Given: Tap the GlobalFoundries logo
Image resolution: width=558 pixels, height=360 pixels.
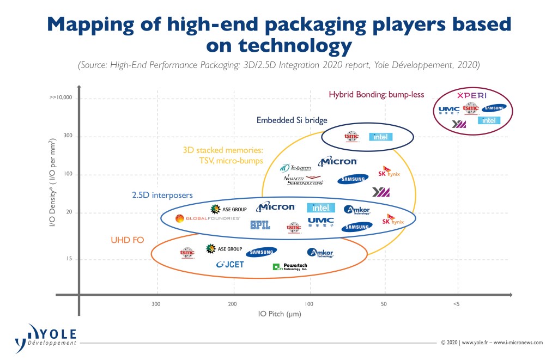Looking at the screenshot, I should click(208, 218).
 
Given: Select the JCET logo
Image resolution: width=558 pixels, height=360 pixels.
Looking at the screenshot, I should click(230, 265).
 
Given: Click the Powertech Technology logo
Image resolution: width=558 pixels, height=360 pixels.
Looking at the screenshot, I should click(290, 267).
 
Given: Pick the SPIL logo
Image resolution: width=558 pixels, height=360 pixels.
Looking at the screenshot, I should click(260, 225).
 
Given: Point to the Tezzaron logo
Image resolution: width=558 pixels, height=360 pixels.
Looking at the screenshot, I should click(295, 168).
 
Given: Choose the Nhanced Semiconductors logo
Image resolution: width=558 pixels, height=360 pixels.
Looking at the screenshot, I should click(304, 180).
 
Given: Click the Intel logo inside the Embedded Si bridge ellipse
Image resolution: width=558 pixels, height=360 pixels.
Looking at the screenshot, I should click(380, 137).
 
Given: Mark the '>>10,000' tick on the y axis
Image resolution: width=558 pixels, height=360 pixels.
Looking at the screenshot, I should click(60, 98).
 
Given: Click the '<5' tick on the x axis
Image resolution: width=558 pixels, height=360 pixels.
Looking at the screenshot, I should click(456, 303).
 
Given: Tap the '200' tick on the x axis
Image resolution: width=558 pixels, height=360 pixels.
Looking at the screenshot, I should click(232, 303).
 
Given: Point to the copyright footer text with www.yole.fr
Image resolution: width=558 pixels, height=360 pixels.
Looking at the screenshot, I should click(492, 343).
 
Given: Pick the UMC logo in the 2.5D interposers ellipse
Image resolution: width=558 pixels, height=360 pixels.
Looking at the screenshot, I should click(320, 222).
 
